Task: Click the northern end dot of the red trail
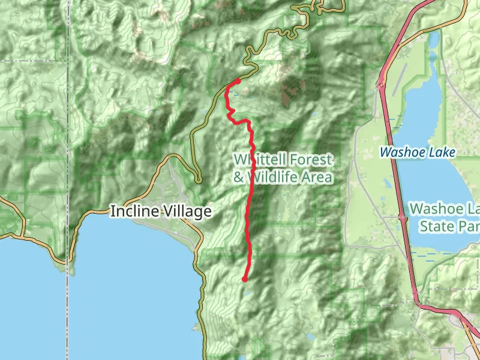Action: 238,81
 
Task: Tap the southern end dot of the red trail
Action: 245,279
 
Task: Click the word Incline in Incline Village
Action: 132,211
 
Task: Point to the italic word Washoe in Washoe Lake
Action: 401,152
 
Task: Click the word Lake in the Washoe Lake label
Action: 441,152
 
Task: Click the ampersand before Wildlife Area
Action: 238,178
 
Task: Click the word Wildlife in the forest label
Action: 275,178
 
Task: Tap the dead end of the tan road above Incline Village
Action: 199,180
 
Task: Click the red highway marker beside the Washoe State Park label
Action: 403,219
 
